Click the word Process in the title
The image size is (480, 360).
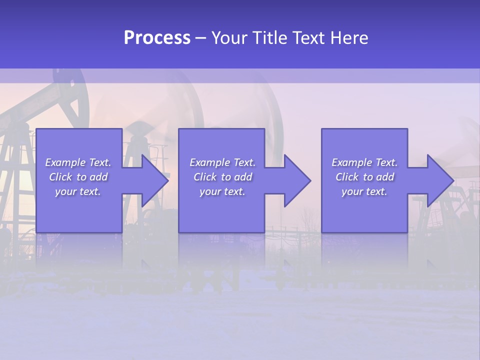157,38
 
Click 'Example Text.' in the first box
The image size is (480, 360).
78,162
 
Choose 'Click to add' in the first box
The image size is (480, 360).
78,177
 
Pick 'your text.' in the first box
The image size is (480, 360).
78,191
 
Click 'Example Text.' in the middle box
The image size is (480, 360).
222,162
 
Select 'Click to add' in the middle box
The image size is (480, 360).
222,177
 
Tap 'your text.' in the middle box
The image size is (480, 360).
222,191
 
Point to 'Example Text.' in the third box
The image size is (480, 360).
364,162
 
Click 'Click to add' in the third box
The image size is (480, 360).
364,177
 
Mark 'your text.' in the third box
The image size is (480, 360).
364,191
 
